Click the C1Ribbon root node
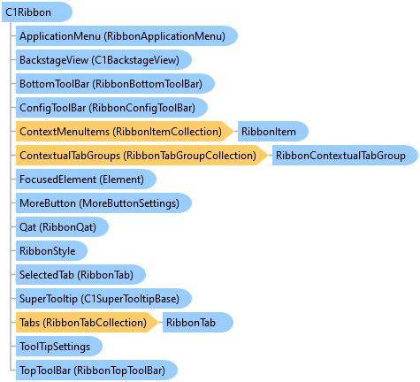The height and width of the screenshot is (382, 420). [37, 12]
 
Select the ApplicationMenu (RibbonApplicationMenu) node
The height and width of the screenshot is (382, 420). [126, 36]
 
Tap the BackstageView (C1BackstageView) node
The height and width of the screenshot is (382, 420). [103, 60]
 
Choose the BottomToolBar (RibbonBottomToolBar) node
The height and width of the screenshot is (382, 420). [115, 84]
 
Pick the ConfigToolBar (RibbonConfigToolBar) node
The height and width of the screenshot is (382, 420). [111, 108]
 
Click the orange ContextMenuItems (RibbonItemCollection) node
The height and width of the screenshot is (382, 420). [125, 132]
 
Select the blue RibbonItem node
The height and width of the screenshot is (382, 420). [273, 132]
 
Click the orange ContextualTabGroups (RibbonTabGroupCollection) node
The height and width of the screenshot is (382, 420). [141, 156]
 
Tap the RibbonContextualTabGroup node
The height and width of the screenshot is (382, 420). [345, 156]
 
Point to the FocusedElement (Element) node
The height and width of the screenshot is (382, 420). [86, 180]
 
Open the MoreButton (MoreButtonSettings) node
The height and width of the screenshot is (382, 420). [103, 203]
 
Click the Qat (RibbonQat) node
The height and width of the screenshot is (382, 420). [62, 227]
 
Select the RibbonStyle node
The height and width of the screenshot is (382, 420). [51, 251]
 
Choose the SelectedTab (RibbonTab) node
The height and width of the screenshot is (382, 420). [80, 275]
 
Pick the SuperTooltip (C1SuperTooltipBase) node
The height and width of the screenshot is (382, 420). [103, 299]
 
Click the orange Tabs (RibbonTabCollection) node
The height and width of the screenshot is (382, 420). [87, 323]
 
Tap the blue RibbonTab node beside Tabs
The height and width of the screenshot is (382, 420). [198, 323]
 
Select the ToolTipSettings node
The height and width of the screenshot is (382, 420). [59, 347]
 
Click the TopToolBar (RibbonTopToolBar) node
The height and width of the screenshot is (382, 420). [96, 371]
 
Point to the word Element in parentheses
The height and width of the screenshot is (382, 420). [121, 180]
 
